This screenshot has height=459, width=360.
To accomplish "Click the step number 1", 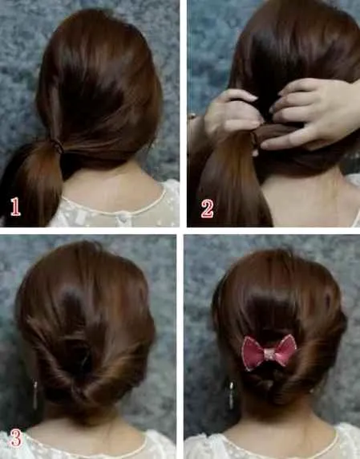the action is (x=15, y=207).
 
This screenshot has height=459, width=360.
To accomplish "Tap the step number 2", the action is (x=207, y=209).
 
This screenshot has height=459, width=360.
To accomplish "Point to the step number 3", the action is (x=16, y=438).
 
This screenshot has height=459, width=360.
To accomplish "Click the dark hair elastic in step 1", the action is (x=57, y=145).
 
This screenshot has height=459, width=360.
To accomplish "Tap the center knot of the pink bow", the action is (x=269, y=353).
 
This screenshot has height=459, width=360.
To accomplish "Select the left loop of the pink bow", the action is (x=253, y=352).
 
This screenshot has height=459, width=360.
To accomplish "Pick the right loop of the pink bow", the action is (x=285, y=350).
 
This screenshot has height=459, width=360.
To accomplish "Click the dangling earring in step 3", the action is (x=35, y=395).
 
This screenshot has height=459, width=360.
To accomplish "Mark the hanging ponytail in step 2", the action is (x=231, y=181).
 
